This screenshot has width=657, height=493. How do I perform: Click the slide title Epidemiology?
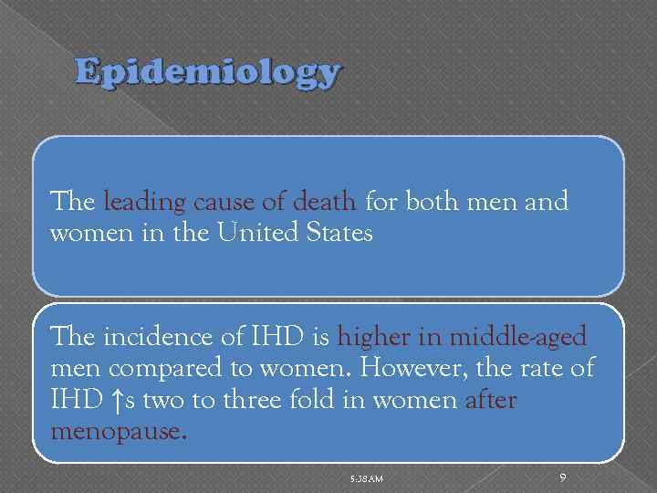coord(208,72)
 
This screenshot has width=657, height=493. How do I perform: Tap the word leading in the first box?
coord(145,202)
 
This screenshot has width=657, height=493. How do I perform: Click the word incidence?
coord(151,338)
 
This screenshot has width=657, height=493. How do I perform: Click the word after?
coord(490,400)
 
